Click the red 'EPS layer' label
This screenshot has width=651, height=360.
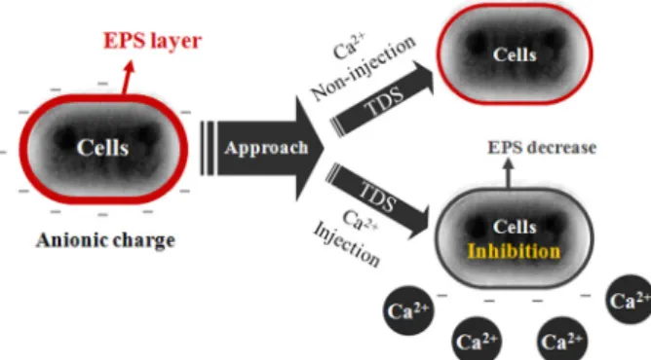point(152,42)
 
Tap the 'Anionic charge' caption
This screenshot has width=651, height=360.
point(105,241)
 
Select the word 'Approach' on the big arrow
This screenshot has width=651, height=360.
point(266,148)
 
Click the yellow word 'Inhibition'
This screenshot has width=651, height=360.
point(514,251)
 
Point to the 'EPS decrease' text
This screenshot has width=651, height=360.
point(542,148)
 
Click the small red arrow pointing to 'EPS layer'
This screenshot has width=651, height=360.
point(128,78)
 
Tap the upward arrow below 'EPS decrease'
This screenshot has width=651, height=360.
point(508,173)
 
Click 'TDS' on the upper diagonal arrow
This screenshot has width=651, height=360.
point(384,101)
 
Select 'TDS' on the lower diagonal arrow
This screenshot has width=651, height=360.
point(377,197)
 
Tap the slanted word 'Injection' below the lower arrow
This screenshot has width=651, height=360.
point(347,244)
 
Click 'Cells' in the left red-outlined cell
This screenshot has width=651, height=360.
point(102,148)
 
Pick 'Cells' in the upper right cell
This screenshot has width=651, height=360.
point(515,54)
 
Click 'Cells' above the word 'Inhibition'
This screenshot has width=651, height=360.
point(515,227)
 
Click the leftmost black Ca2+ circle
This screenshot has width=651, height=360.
point(408,310)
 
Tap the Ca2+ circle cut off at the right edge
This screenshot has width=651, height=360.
point(629,300)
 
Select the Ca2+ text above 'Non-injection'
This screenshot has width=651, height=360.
point(350,46)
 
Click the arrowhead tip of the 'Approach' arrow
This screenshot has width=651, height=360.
point(324,148)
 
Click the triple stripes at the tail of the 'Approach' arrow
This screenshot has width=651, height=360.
point(208,148)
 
